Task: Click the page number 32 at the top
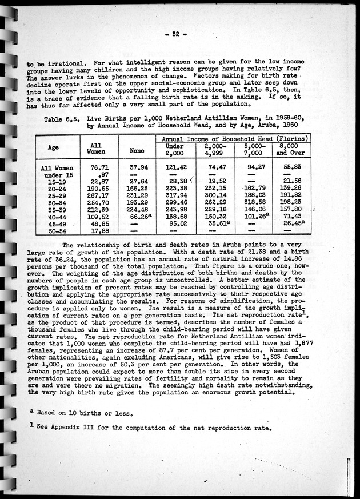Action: (182, 35)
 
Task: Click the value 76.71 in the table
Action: (99, 167)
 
